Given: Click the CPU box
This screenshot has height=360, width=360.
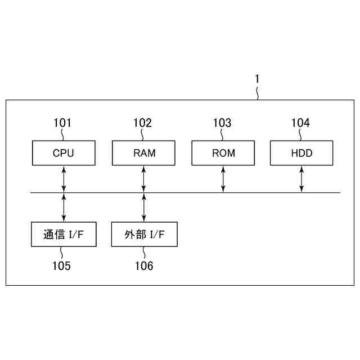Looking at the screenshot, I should click(63, 153).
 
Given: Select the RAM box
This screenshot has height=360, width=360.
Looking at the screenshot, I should click(144, 153).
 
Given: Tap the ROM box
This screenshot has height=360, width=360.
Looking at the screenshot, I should click(224, 153).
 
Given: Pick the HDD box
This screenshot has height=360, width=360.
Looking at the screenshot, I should click(301, 153).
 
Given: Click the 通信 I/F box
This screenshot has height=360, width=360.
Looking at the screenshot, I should click(63, 234).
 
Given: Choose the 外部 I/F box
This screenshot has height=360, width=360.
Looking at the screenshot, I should click(144, 234).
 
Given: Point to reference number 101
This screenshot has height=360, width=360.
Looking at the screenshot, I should click(62, 123).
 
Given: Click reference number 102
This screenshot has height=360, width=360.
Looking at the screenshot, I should click(142, 123).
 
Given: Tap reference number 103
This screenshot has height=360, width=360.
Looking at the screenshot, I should click(222, 123).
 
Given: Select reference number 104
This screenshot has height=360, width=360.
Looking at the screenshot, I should click(300, 123).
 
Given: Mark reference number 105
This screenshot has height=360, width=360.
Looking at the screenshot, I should click(61, 265).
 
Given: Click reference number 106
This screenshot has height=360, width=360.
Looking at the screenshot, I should click(143, 265).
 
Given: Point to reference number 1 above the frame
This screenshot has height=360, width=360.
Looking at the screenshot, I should click(257, 79).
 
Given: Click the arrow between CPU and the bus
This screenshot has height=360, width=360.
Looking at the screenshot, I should click(64, 179).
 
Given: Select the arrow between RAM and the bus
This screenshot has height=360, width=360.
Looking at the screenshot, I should click(144, 179).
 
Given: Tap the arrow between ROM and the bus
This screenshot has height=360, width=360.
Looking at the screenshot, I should click(224, 179).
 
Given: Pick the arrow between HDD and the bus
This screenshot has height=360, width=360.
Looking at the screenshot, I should click(301, 179).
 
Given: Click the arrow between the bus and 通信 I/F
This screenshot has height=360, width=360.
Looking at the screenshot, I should click(64, 208).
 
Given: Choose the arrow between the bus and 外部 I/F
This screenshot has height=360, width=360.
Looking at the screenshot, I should click(144, 208).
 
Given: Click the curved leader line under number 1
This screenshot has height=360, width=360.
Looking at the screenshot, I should click(258, 93).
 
